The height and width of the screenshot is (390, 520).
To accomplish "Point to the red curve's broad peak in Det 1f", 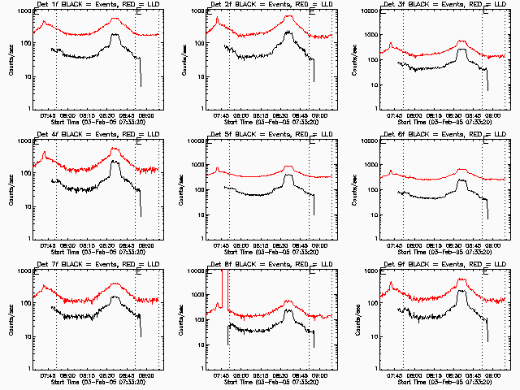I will [115, 18].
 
